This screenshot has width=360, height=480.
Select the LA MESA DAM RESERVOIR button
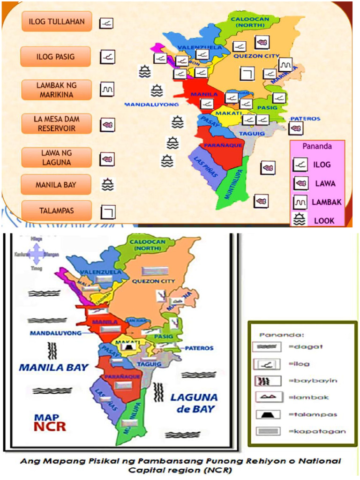[56, 124]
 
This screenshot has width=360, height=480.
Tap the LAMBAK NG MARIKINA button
[56, 90]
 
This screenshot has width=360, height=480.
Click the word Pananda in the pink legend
[317, 146]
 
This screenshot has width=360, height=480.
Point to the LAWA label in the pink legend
[325, 183]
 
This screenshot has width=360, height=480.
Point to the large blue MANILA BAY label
[53, 367]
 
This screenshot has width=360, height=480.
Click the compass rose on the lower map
[36, 254]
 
